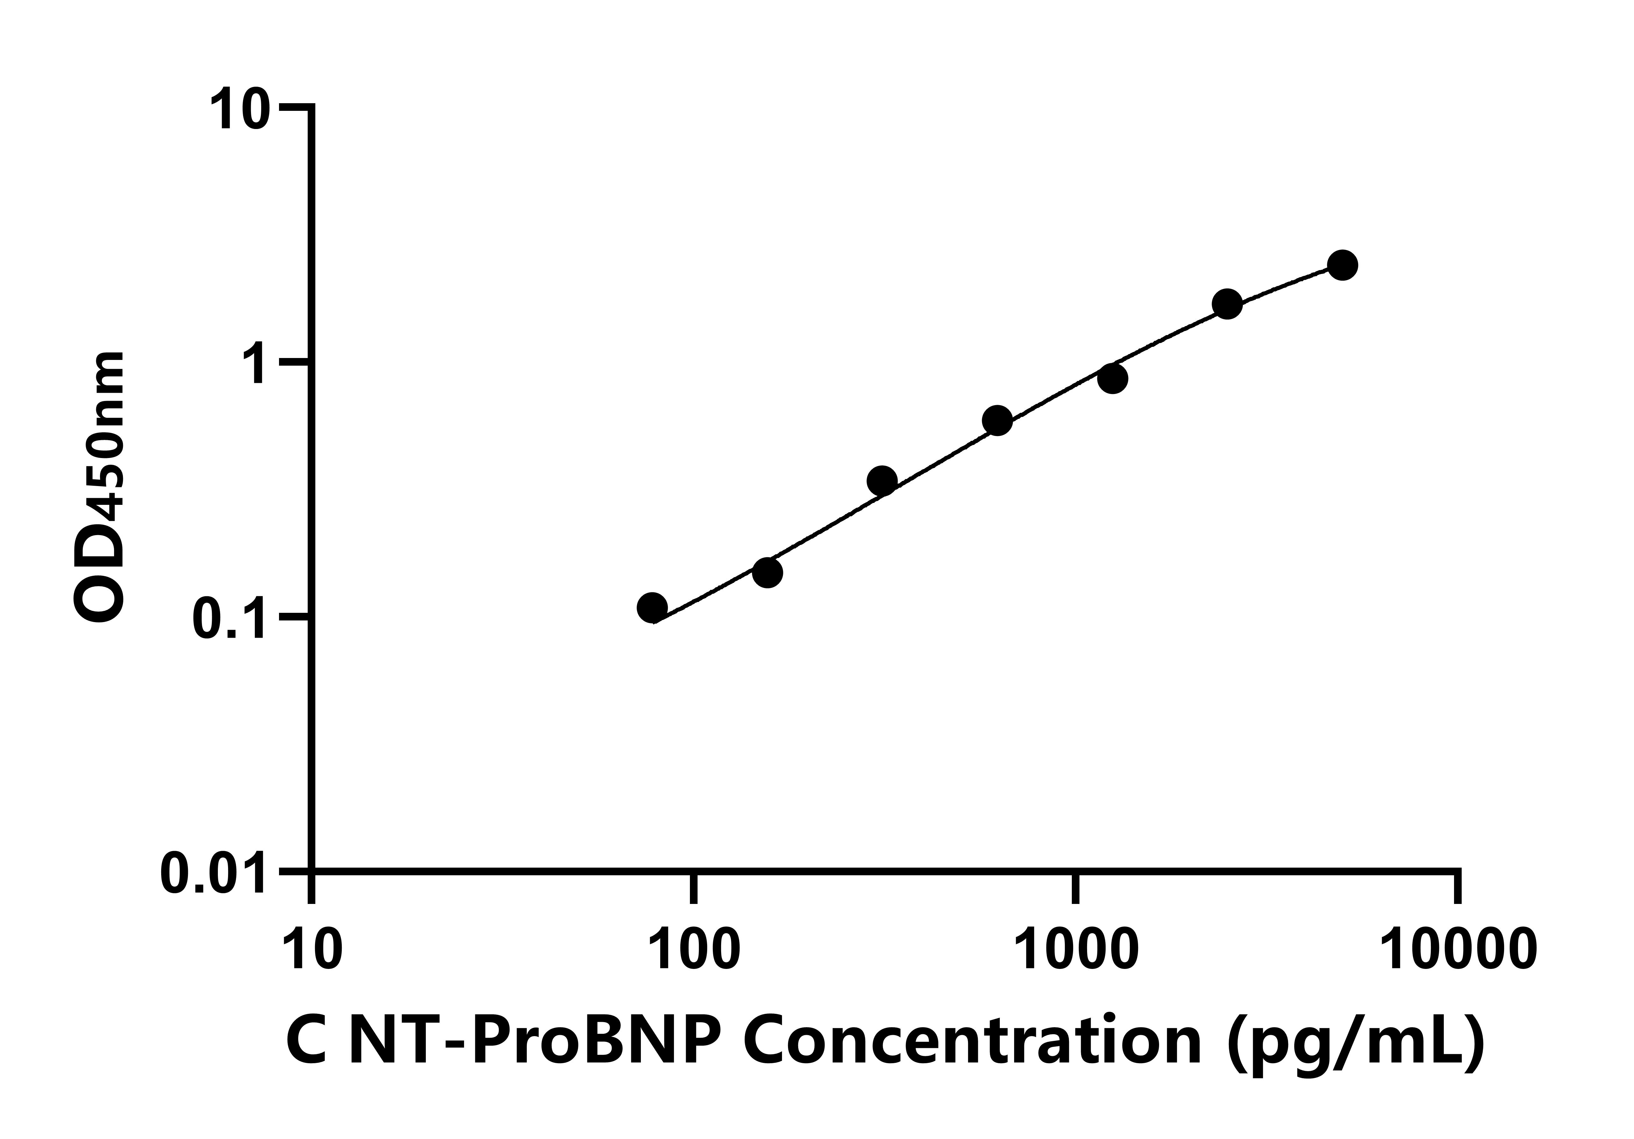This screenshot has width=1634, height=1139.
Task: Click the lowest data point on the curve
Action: [x=652, y=608]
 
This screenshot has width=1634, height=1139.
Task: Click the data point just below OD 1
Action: [x=1112, y=379]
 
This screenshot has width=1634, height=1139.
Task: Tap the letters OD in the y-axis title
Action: [x=100, y=577]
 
